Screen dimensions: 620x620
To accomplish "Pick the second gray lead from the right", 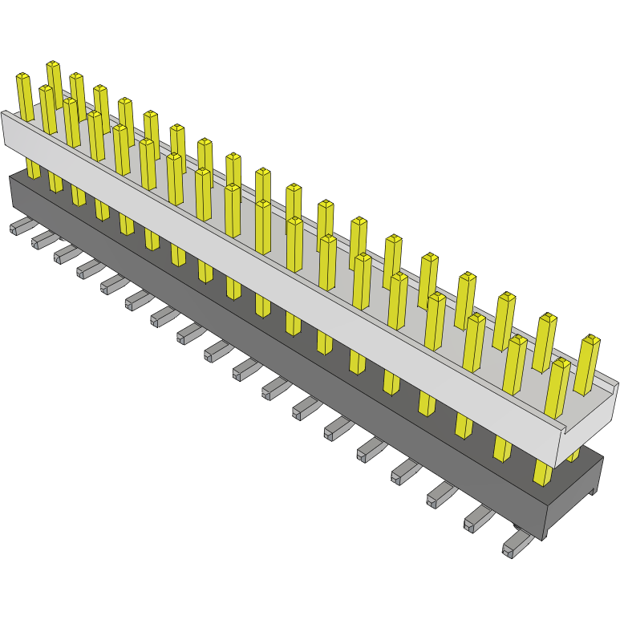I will coord(478,519).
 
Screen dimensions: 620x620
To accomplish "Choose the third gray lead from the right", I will coord(442,496).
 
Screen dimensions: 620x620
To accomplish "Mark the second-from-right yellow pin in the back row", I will coord(545,342).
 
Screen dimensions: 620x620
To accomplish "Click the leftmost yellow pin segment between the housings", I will coord(33,168).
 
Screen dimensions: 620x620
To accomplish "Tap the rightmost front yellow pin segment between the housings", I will coord(543,473).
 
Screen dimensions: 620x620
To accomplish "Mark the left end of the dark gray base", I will coord(11,192).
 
